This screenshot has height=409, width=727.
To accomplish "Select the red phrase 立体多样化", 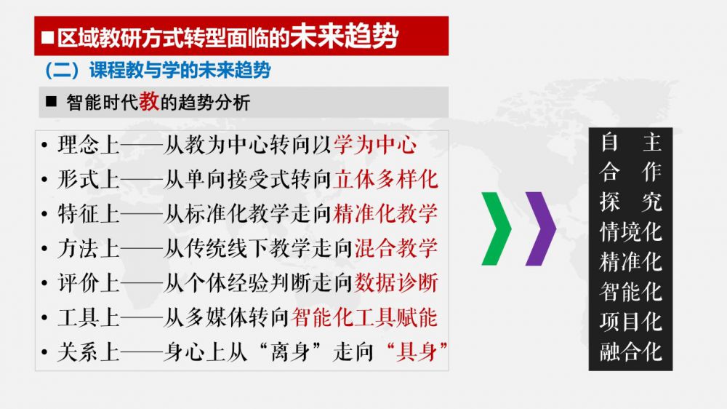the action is coord(385,180).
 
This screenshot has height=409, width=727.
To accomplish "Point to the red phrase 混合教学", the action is coord(396,248).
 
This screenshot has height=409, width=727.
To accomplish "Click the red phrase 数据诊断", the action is coord(396,282).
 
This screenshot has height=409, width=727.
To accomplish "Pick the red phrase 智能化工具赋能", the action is coord(364,317).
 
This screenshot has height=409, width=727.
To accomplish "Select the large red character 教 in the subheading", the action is coord(149,101).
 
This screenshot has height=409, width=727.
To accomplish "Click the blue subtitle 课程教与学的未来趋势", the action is coord(180,70).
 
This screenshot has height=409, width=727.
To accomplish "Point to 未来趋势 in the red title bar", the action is coord(344,36).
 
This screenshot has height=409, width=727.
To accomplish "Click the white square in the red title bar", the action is coord(47,37).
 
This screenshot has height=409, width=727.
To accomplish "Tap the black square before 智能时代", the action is coord(51,101).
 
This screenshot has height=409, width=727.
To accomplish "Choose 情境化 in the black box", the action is coord(630,231).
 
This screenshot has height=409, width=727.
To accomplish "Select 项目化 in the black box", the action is coord(630,321).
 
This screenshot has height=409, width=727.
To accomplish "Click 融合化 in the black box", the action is coord(630,352).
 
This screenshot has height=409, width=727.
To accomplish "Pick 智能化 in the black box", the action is coord(630,292).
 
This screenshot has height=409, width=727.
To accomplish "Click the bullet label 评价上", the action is coord(89,282).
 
